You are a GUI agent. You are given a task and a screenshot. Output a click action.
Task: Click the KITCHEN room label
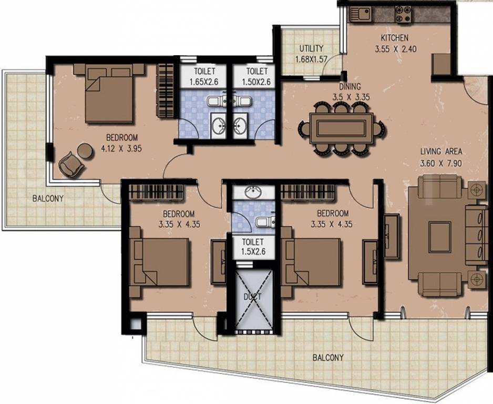point(394,38)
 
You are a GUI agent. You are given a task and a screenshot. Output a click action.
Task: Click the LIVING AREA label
point(440,152)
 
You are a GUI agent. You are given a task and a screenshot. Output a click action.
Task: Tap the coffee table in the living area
point(439,237)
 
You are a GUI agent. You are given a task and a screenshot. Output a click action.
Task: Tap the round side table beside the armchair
point(84,150)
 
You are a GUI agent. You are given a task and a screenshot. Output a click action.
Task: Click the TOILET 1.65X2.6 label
point(203,71)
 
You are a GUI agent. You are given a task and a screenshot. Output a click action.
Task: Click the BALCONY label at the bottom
point(328,357)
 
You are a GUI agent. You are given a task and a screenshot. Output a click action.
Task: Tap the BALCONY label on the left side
point(47,199)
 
